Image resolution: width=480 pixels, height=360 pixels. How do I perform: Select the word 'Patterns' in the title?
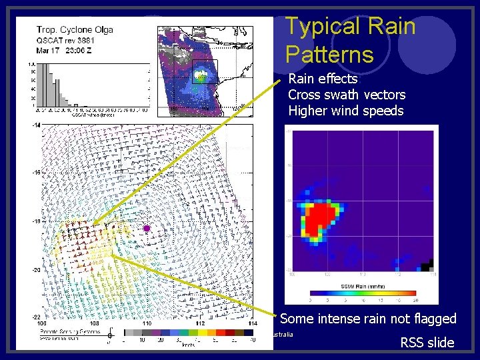[x=329, y=53]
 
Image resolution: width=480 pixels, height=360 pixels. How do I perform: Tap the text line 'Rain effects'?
[x=323, y=79]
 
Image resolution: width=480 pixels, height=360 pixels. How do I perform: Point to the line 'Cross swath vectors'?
[x=346, y=95]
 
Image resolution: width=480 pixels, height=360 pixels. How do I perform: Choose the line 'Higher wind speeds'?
[x=345, y=111]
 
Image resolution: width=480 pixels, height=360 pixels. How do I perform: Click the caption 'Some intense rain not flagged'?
[x=368, y=319]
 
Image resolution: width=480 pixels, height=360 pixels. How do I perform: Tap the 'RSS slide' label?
[x=427, y=343]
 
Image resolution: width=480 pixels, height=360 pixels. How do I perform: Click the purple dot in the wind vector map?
[x=147, y=229]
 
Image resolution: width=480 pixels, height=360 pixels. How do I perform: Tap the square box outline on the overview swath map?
[x=204, y=71]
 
